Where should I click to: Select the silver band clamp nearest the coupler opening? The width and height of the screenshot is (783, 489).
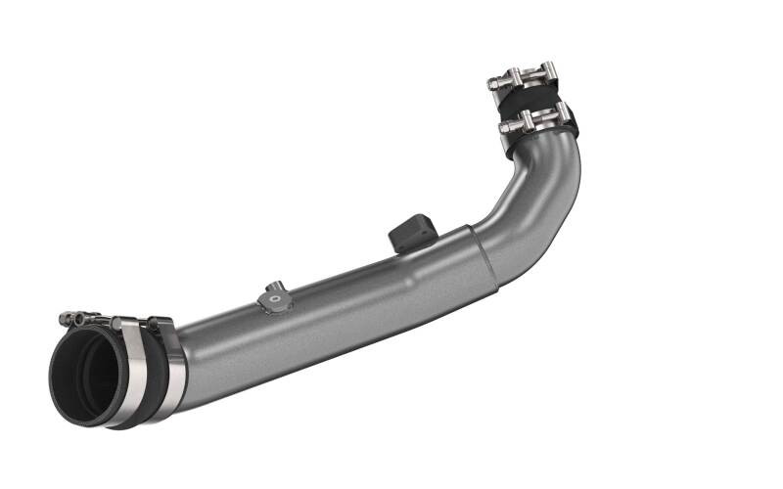pos(131,377)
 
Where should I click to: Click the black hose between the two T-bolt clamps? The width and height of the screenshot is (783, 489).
pos(529,101)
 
